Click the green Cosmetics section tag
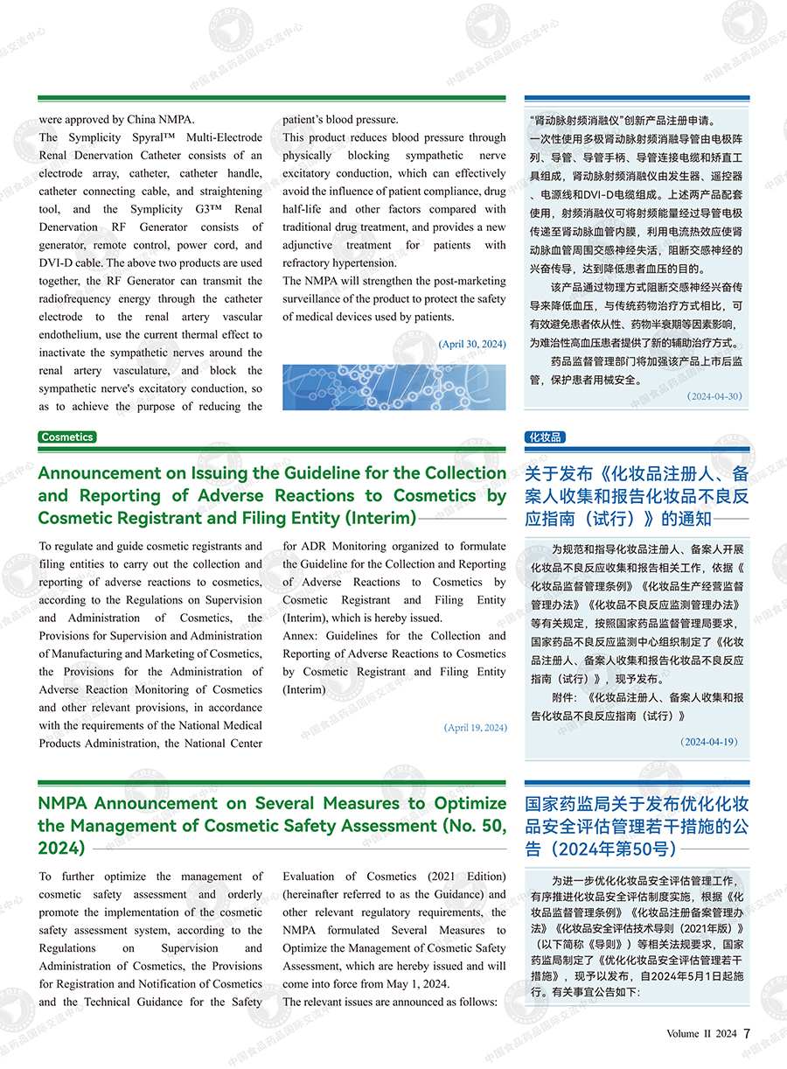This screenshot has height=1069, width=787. point(67,437)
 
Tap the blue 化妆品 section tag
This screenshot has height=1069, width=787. point(545,437)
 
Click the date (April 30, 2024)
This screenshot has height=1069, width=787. point(472,344)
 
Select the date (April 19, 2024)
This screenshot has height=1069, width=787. point(475,727)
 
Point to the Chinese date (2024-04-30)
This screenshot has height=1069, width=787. point(714,396)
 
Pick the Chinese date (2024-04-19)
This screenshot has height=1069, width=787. point(709,741)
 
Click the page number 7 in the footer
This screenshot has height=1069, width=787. point(747,1032)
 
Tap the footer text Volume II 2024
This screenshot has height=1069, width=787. point(701,1033)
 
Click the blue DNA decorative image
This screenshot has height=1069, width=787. point(393,387)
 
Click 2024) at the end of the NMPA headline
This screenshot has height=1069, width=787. point(61,848)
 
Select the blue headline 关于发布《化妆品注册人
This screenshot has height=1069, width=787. point(637,474)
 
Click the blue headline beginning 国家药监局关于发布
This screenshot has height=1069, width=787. point(637,804)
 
